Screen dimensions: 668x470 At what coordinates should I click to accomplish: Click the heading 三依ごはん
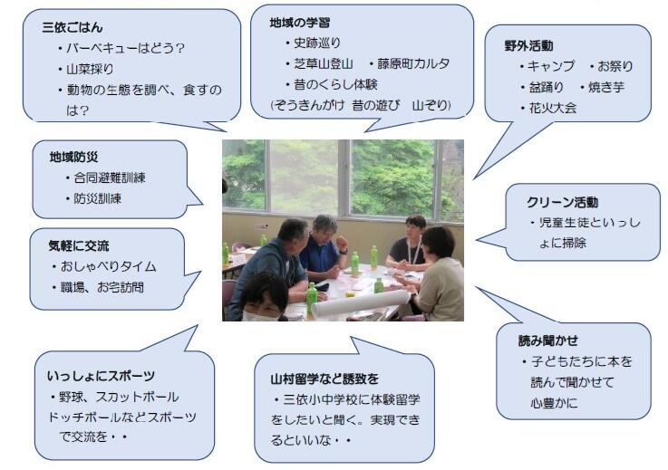coord(73,27)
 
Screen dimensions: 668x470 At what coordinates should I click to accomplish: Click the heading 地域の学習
coord(299,23)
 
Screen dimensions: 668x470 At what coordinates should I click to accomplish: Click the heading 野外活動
coord(528,45)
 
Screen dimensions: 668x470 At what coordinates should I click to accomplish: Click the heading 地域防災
coord(73,157)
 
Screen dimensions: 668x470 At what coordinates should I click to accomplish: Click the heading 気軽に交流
coord(78,245)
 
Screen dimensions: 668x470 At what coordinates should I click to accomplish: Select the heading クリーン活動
coord(562,202)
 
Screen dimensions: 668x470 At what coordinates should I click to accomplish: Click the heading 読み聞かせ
coord(547,341)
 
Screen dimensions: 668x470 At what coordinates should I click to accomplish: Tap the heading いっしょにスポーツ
coord(101,376)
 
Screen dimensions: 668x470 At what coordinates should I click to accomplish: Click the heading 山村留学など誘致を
coord(324,379)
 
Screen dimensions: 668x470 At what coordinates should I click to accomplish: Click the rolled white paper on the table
coord(361,302)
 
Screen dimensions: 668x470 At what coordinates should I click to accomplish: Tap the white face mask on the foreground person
coord(260,316)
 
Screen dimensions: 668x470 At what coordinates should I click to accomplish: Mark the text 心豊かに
coord(555,403)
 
